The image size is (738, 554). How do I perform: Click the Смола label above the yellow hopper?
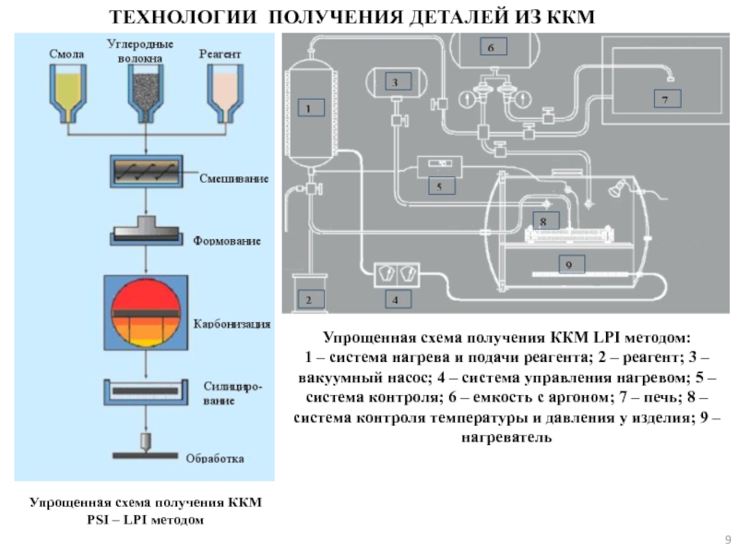coord(66,54)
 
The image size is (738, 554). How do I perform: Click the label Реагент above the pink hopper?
coord(220,54)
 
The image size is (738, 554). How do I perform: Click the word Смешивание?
coord(234,178)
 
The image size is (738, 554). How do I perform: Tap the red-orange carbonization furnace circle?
coord(148,311)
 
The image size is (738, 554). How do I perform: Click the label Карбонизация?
coord(232,324)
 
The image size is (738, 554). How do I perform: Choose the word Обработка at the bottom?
coord(216,457)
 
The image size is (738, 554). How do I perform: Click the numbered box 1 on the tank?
coord(310,108)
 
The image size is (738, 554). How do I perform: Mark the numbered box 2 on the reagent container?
coord(310,299)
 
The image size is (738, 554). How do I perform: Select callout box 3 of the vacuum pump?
coord(394,82)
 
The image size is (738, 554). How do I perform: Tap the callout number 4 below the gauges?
coord(396,300)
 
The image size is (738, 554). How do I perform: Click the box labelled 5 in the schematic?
coord(440,186)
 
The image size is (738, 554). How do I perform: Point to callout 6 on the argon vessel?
coord(490,46)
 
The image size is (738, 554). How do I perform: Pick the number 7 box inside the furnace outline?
coord(664,96)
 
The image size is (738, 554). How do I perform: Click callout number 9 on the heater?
coord(568,265)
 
